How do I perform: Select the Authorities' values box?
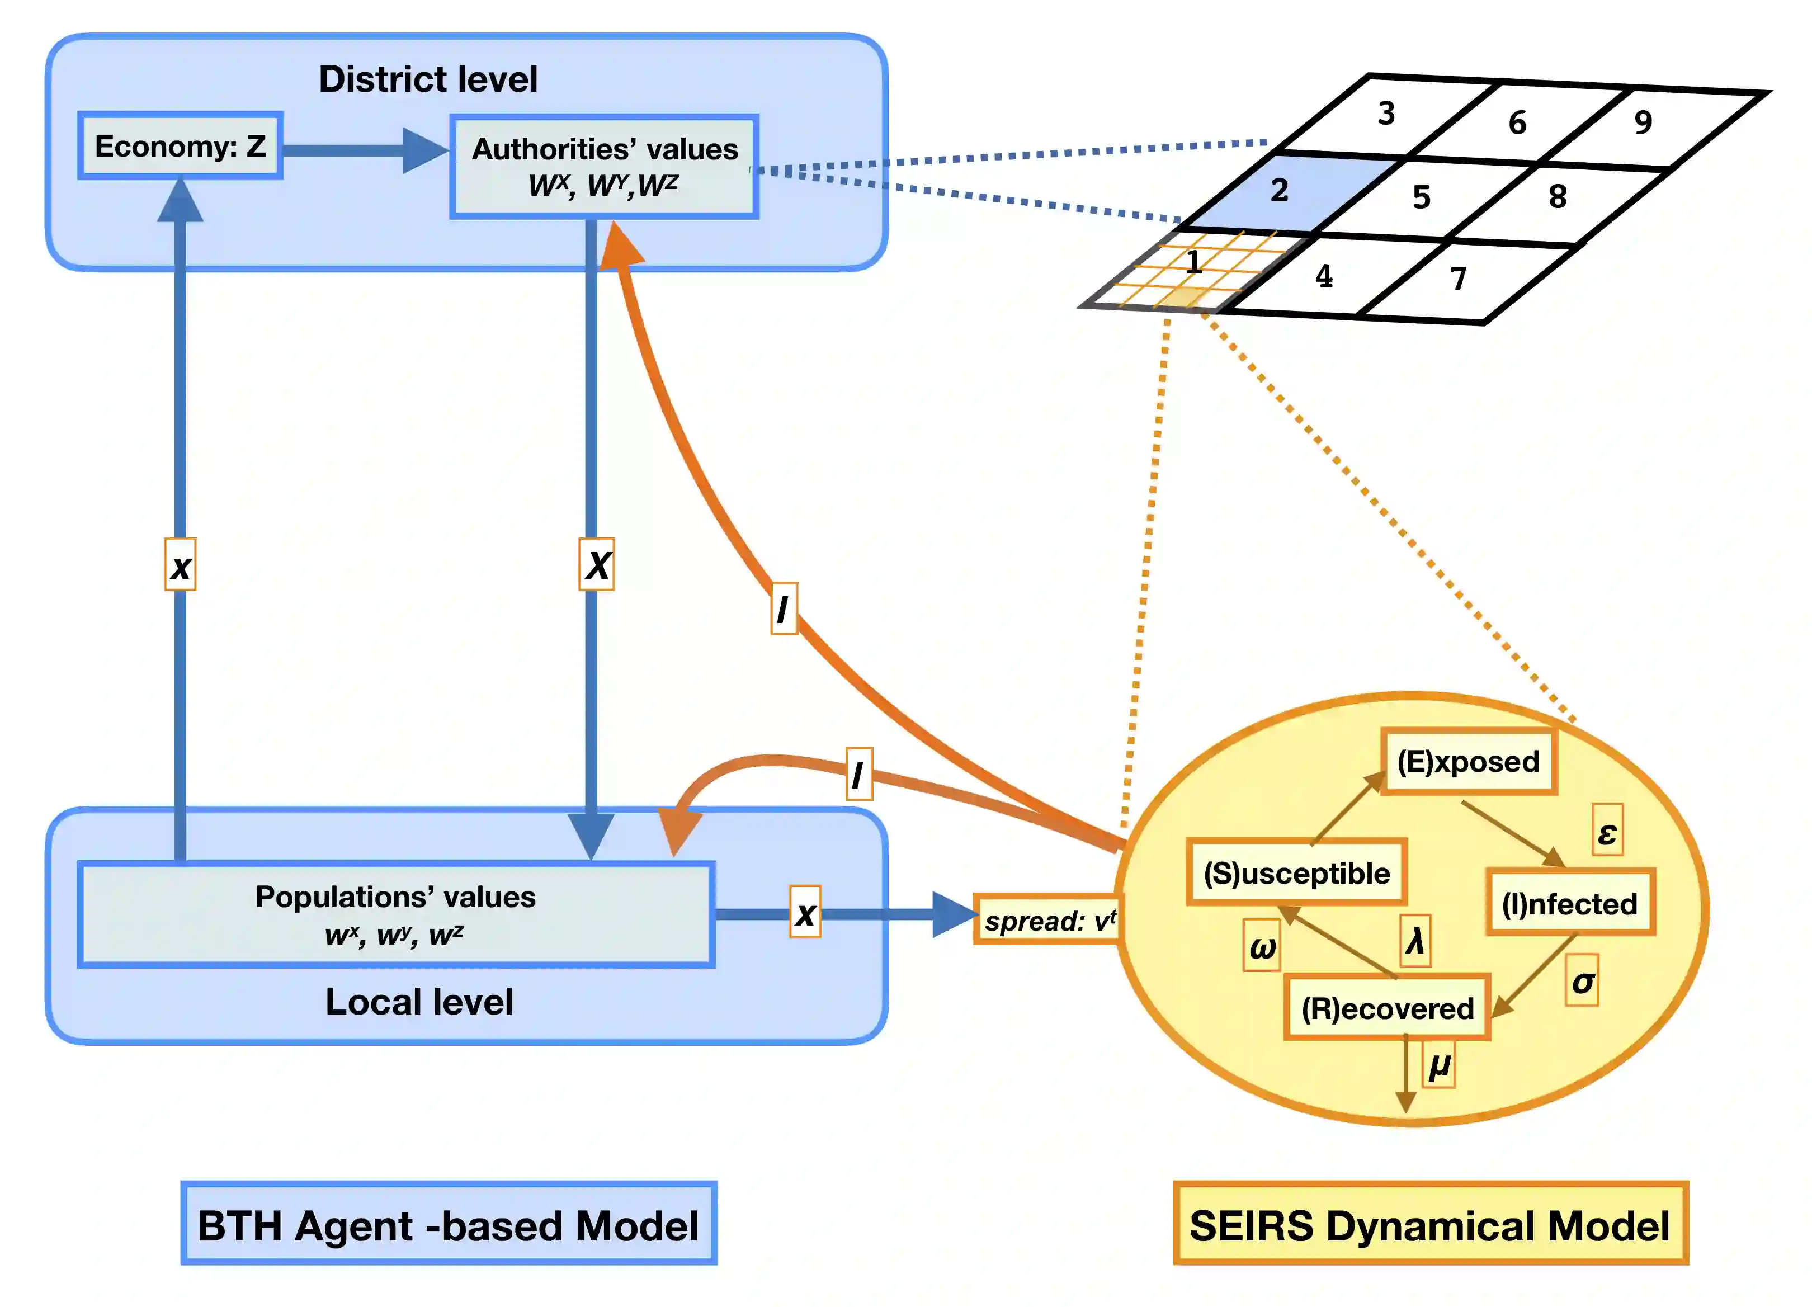click(604, 166)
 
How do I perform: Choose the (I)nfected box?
click(1569, 903)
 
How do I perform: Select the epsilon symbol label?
click(1607, 832)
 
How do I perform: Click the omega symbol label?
click(1262, 946)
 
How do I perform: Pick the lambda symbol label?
click(1415, 940)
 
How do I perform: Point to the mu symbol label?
click(1439, 1065)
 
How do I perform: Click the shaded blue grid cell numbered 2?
click(1288, 192)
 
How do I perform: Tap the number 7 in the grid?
click(1458, 278)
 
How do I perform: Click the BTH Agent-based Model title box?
click(448, 1224)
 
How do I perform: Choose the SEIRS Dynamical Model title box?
click(1430, 1224)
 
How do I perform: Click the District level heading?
click(428, 79)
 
